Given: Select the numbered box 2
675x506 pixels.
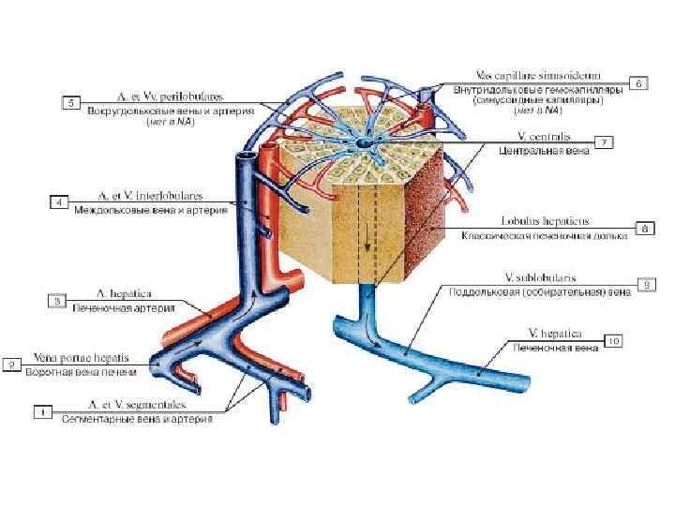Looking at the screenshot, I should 13,365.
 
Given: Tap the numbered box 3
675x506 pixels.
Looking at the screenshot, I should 58,301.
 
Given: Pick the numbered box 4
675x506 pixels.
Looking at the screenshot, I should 58,201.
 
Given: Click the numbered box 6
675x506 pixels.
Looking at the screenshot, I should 639,83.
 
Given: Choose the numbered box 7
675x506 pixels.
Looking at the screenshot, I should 605,142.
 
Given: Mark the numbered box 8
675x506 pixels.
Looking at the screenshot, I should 644,228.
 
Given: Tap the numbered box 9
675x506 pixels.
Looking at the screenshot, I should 646,283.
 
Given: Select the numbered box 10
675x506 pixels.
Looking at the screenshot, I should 614,341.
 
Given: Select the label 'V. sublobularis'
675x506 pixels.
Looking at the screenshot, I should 539,278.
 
